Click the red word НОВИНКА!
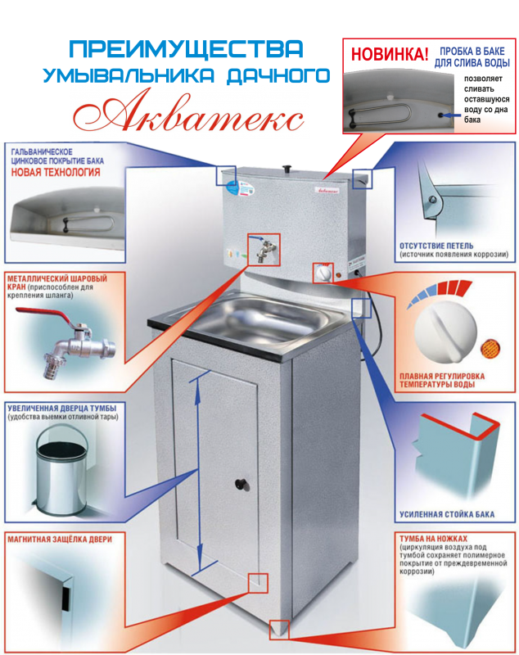[389, 55]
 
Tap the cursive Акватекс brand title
[188, 111]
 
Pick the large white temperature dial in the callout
[445, 332]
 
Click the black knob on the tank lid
[287, 169]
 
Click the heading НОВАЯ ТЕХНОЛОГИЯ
[56, 172]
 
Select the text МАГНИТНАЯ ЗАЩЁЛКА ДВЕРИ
[60, 540]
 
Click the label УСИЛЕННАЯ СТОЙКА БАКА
[447, 515]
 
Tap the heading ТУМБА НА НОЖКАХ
[433, 539]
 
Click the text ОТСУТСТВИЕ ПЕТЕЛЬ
[436, 246]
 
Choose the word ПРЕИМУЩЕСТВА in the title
[186, 49]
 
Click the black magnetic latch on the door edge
[65, 597]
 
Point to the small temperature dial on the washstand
[323, 274]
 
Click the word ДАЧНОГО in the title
[278, 75]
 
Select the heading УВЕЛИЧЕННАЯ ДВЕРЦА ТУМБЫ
[61, 408]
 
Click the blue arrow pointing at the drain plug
[453, 115]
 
